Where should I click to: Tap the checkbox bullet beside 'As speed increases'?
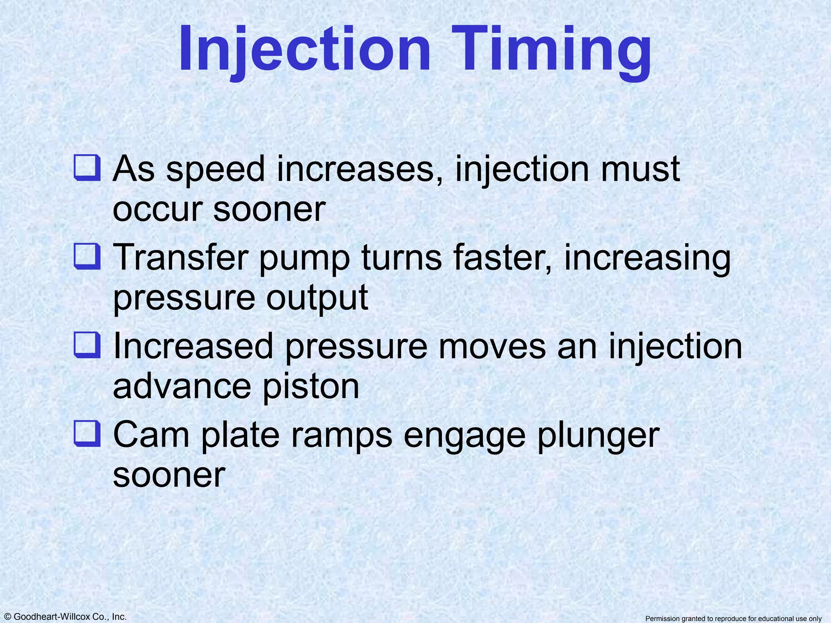click(87, 168)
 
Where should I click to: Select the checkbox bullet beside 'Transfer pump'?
click(87, 256)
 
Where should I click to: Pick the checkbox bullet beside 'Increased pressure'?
click(87, 345)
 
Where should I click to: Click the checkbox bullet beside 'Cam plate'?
click(87, 434)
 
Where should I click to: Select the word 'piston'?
click(311, 387)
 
